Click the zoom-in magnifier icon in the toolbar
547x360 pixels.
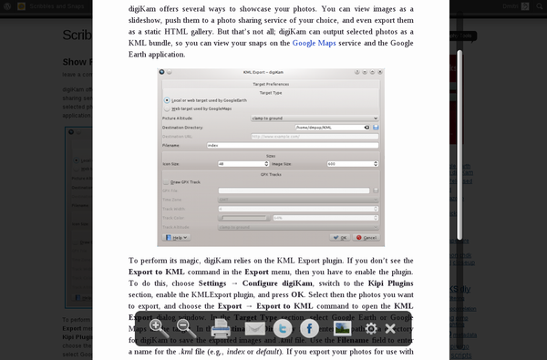157,326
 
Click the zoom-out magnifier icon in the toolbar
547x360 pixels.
183,326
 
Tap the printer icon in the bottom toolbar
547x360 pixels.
221,328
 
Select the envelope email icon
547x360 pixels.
254,328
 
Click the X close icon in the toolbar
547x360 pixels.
390,328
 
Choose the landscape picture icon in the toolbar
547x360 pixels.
343,328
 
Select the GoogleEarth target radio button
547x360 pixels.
167,100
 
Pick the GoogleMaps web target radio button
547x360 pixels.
167,108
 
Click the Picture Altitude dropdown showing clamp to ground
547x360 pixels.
321,118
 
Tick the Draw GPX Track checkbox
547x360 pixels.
167,181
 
